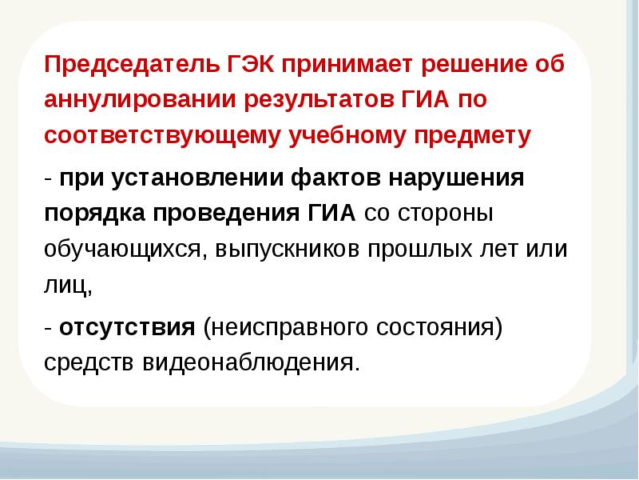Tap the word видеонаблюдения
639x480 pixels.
point(249,362)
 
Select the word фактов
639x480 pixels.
point(338,177)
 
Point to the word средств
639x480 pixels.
point(90,362)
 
